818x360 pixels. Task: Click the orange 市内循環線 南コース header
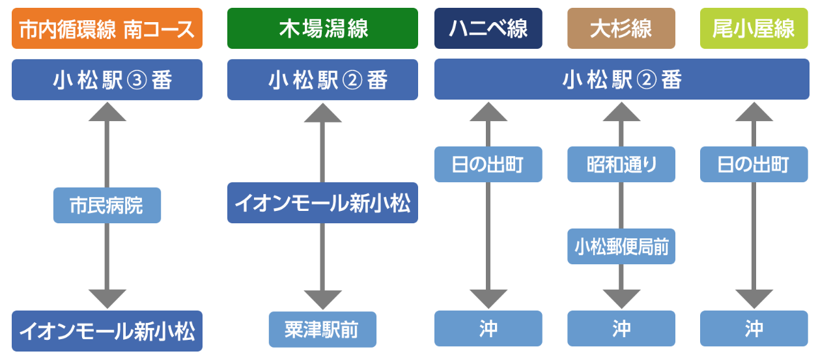(107, 29)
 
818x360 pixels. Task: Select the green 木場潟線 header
(322, 29)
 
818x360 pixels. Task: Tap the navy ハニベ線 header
(488, 29)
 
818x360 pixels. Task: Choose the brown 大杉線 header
(621, 29)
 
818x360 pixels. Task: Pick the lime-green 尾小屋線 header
(754, 29)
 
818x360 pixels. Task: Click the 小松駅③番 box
(107, 80)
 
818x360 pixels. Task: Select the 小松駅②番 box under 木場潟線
(322, 80)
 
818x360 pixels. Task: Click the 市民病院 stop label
(107, 206)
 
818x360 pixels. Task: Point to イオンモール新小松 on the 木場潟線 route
(322, 203)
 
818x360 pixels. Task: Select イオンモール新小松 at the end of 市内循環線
(107, 331)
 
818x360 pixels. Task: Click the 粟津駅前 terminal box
(322, 329)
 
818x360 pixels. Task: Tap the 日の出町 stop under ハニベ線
(488, 164)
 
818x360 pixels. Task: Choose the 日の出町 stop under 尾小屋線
(754, 164)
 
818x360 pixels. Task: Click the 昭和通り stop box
(621, 164)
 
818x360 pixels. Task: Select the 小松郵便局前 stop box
(621, 247)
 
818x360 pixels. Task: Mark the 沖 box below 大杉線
(621, 329)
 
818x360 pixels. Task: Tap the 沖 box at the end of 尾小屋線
(754, 329)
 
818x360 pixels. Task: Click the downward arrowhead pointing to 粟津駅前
(322, 299)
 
